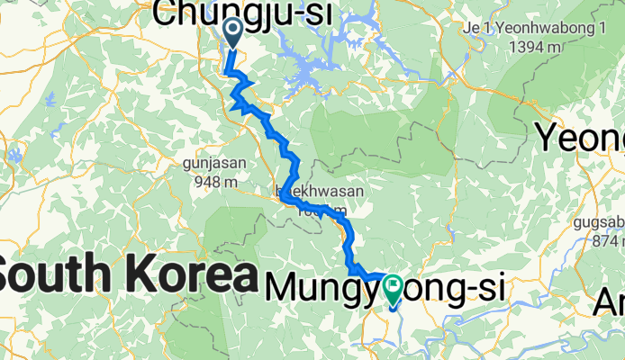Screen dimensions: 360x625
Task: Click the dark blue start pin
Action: [231, 33]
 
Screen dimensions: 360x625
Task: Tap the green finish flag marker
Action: [394, 288]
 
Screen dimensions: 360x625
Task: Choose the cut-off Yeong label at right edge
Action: [581, 138]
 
